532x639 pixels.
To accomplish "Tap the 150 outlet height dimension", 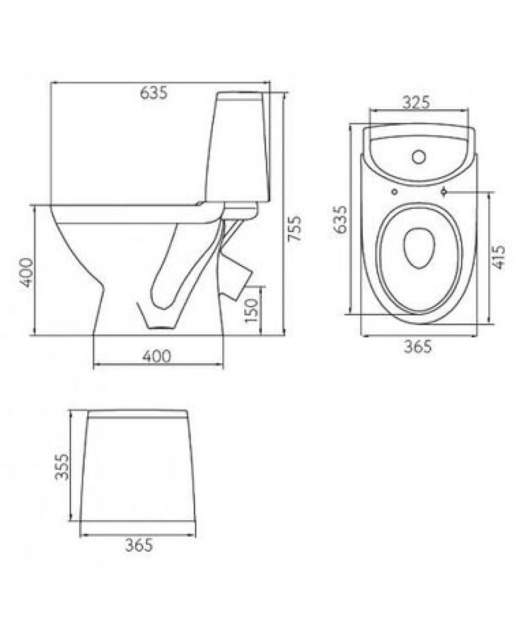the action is coord(252,310).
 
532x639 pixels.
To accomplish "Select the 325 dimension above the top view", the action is coord(416,103).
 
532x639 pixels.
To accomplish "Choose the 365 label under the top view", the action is coord(418,347).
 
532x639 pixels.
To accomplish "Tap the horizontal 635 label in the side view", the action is coord(154,93).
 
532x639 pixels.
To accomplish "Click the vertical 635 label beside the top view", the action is coord(340,220).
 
